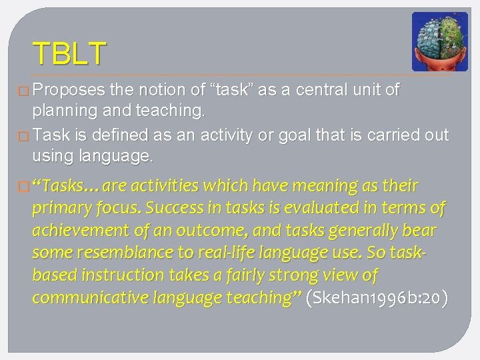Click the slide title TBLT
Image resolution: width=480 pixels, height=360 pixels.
pos(69,53)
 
